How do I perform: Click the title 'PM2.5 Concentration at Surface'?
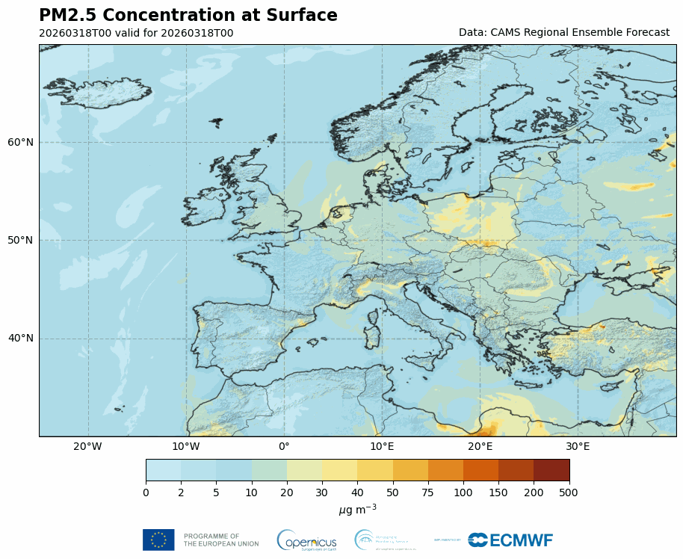click(188, 16)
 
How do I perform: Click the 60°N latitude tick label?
click(21, 142)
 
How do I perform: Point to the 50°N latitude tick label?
click(21, 240)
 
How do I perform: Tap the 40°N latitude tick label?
click(21, 339)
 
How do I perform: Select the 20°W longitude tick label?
click(88, 447)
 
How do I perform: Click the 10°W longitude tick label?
click(186, 447)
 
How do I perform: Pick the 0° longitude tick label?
click(284, 447)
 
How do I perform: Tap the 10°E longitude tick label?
click(382, 447)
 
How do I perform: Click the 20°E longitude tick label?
click(480, 447)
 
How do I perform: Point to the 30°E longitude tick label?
click(578, 447)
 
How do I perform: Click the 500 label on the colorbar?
click(569, 492)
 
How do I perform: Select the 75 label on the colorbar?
click(428, 492)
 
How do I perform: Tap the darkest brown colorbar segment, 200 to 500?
click(551, 470)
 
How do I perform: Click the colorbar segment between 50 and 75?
click(410, 470)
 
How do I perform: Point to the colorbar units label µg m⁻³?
click(357, 509)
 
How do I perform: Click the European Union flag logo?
click(158, 540)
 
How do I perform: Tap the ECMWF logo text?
click(511, 540)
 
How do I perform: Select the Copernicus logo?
click(306, 540)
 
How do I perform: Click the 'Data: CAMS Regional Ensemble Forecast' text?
click(563, 33)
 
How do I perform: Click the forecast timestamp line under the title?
click(136, 33)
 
